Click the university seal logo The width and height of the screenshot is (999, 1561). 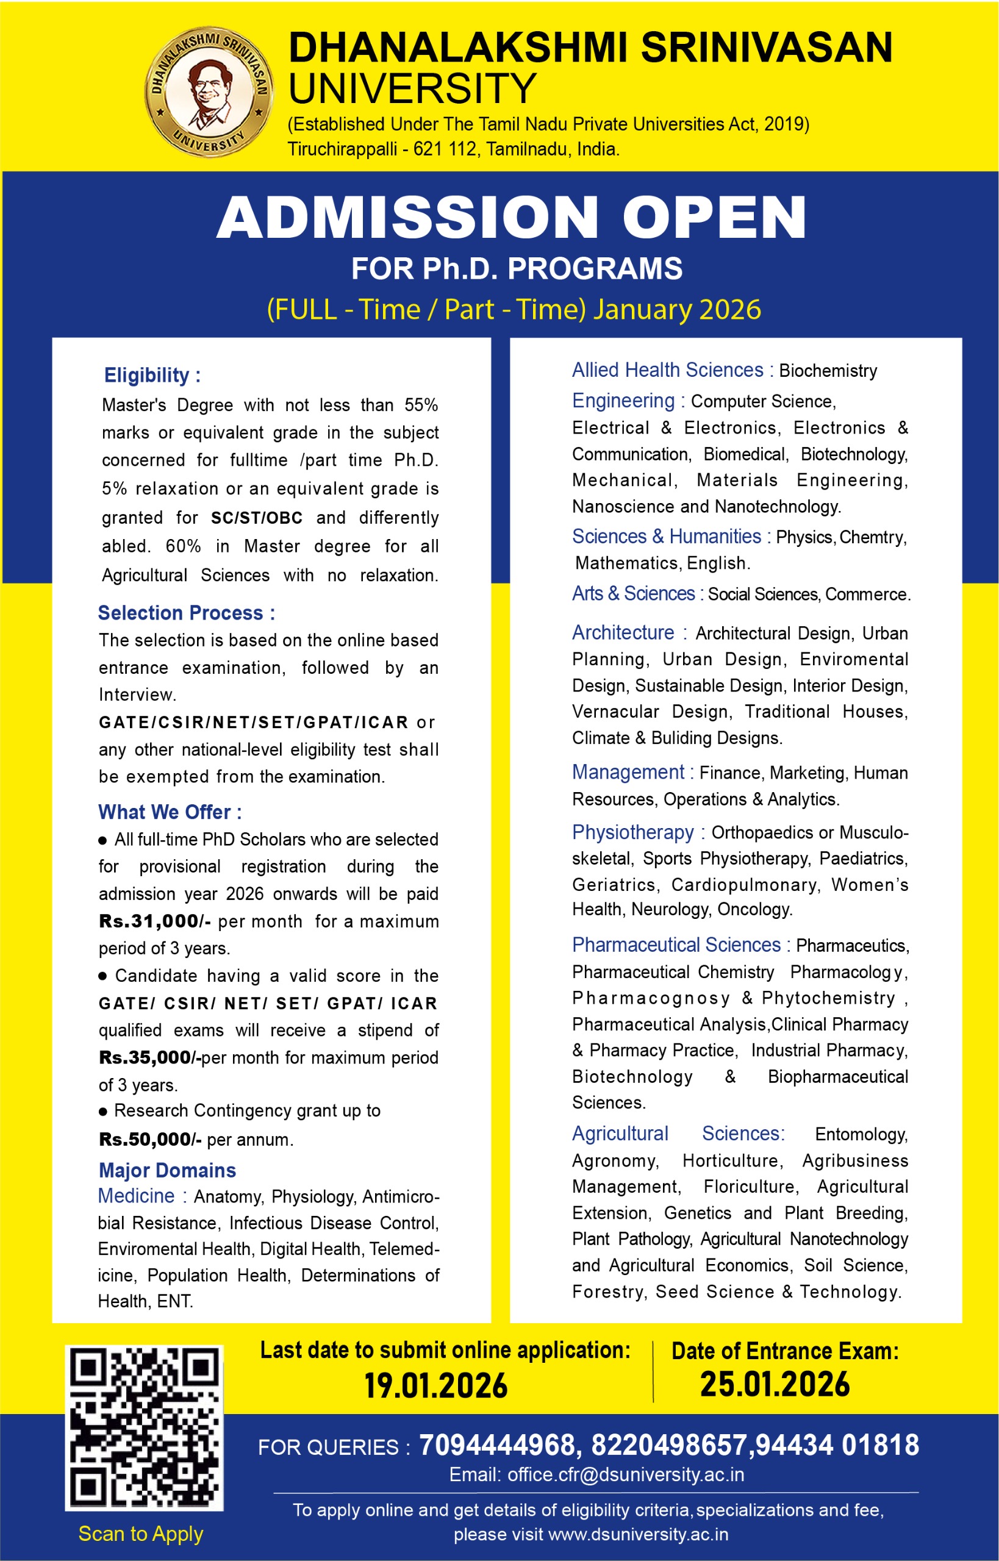point(208,93)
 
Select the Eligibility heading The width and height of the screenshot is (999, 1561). point(152,375)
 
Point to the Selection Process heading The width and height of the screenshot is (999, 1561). point(186,612)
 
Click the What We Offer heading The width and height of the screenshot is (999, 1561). point(170,812)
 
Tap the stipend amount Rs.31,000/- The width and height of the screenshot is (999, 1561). point(154,921)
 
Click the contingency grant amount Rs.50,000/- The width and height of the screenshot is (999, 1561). point(150,1139)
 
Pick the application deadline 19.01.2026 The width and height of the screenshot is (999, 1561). point(435,1386)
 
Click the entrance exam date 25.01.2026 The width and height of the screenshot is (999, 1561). point(775,1385)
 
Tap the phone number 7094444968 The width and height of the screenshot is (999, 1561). point(496,1446)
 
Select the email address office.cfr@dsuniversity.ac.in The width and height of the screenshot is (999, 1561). point(625,1475)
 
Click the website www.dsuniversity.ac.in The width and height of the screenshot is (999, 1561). point(638,1534)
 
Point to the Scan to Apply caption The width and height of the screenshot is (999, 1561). point(141,1534)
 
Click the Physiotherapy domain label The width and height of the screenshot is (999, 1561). point(632,832)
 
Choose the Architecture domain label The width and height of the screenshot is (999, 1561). point(623,632)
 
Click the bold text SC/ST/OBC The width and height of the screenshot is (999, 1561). point(257,518)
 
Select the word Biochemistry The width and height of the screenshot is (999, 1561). point(828,371)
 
